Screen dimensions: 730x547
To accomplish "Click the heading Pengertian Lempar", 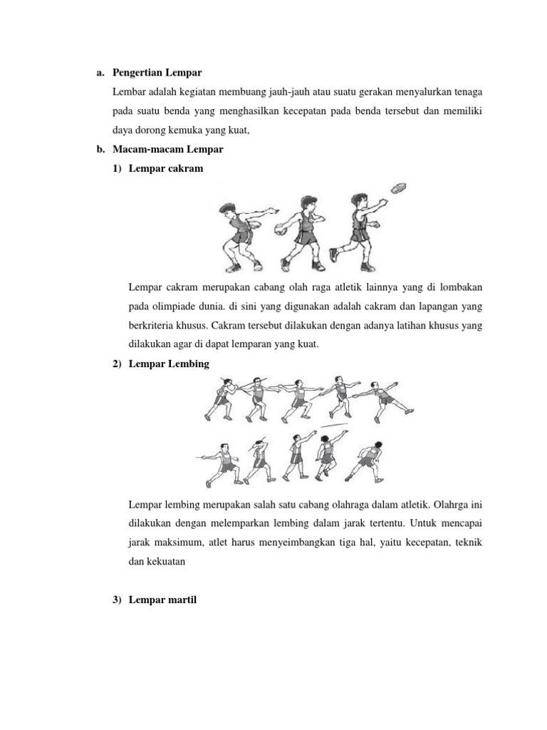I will coord(157,73).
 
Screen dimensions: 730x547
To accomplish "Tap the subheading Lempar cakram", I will coord(166,169).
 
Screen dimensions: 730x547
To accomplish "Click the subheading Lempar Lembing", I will coord(169,364).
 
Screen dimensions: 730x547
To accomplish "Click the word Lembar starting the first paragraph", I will coord(129,92).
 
